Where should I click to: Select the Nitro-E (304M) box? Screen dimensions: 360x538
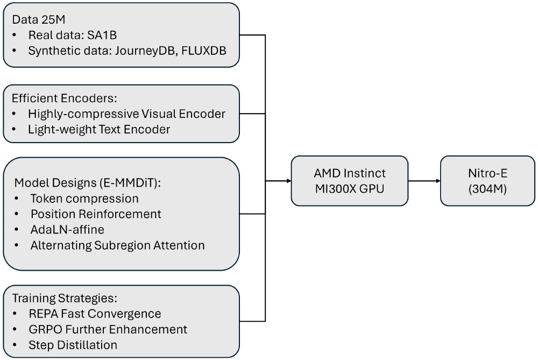tap(487, 181)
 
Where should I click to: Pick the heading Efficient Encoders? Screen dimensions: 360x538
tap(65, 99)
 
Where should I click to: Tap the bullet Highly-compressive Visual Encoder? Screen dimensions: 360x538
tap(126, 114)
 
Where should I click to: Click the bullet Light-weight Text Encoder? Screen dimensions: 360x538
tap(99, 129)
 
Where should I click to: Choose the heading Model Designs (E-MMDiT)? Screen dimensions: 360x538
tap(88, 182)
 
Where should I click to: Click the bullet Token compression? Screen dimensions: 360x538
tap(84, 198)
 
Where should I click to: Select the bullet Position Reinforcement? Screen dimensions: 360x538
tap(96, 214)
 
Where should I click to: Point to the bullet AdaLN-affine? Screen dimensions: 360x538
tap(67, 230)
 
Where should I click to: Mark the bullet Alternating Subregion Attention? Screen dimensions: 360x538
tap(117, 245)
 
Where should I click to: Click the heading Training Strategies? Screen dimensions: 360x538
tap(65, 298)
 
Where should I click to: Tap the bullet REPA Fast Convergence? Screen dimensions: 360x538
tap(95, 313)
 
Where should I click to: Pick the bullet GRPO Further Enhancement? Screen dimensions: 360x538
tap(108, 329)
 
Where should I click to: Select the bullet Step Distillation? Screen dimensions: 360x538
tap(73, 344)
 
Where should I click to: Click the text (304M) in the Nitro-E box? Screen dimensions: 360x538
tap(487, 189)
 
